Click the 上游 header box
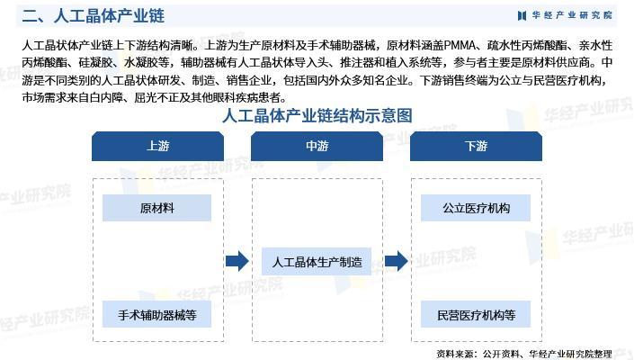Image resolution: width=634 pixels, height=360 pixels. pyautogui.click(x=157, y=147)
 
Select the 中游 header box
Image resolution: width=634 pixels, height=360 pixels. pyautogui.click(x=317, y=147)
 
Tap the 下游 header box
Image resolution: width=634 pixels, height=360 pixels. pyautogui.click(x=476, y=147)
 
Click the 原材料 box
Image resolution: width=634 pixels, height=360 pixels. pyautogui.click(x=156, y=208)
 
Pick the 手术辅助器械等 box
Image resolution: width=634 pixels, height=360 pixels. pyautogui.click(x=156, y=314)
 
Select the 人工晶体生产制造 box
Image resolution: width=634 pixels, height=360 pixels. pyautogui.click(x=317, y=262)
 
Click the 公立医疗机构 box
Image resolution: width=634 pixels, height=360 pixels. pyautogui.click(x=476, y=208)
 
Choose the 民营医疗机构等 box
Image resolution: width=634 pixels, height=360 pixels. pyautogui.click(x=476, y=314)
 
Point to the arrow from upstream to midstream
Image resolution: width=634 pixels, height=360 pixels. pyautogui.click(x=237, y=262)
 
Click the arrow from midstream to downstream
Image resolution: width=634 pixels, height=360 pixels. pyautogui.click(x=397, y=262)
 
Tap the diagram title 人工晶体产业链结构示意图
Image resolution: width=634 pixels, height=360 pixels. pyautogui.click(x=317, y=116)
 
